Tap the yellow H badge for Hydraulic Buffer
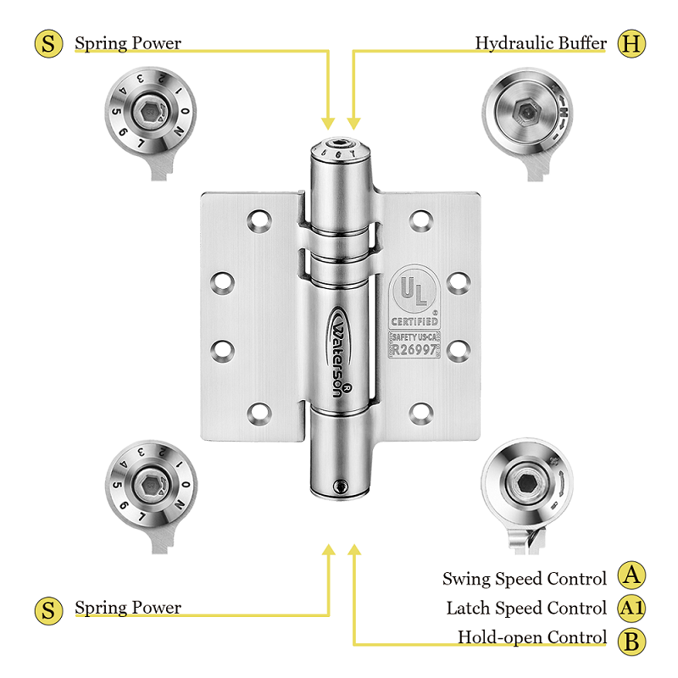click(x=630, y=43)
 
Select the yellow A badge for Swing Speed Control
click(x=631, y=575)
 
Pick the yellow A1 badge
click(x=631, y=608)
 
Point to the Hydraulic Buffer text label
click(x=540, y=43)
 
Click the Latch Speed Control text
click(x=526, y=609)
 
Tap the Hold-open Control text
click(x=532, y=637)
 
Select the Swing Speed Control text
click(x=525, y=579)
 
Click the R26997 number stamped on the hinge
click(x=414, y=349)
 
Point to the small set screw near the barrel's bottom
click(x=341, y=486)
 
